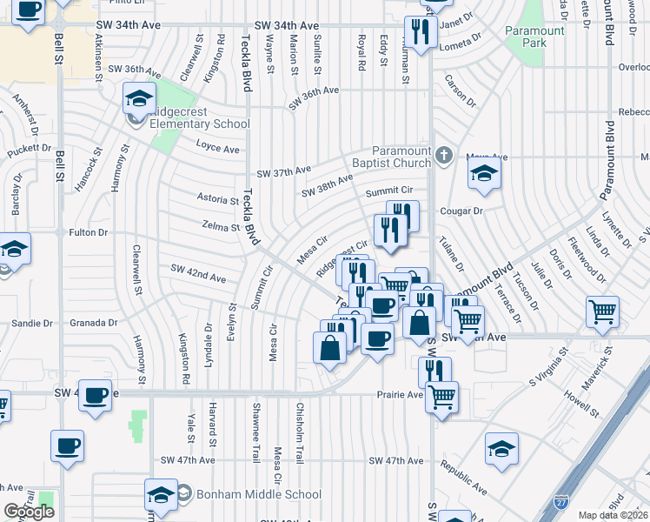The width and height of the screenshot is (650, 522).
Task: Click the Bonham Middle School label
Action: click(x=248, y=494)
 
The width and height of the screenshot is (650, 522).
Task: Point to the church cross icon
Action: click(x=444, y=157)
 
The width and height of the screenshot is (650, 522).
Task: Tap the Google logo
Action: click(x=29, y=512)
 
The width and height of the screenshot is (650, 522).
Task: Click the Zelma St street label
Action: click(x=220, y=227)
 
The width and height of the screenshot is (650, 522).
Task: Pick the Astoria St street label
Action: click(x=218, y=199)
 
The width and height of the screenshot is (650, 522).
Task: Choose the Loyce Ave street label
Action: click(x=217, y=148)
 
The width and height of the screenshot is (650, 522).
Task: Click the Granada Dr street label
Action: click(x=95, y=322)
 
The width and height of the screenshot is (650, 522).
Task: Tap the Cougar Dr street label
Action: click(x=461, y=211)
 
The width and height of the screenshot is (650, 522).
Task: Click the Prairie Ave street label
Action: click(x=399, y=394)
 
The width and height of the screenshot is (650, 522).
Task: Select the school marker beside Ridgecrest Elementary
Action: click(x=138, y=99)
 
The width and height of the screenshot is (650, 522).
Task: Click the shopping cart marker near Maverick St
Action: click(x=602, y=311)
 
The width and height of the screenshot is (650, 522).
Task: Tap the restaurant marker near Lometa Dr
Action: click(x=420, y=33)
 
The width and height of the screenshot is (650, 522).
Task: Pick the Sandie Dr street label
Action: click(x=33, y=323)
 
